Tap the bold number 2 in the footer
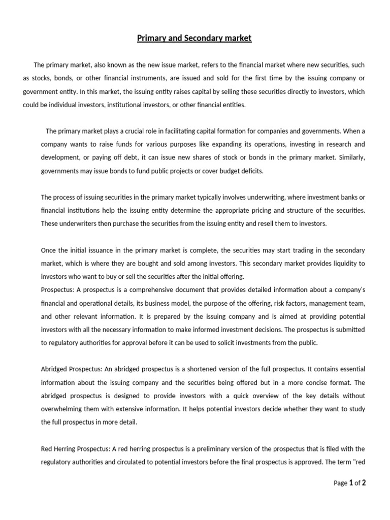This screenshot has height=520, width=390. [363, 483]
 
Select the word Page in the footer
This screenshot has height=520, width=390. [340, 483]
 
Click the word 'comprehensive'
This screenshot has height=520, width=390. [146, 289]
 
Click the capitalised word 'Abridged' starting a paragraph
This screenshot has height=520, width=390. [53, 369]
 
